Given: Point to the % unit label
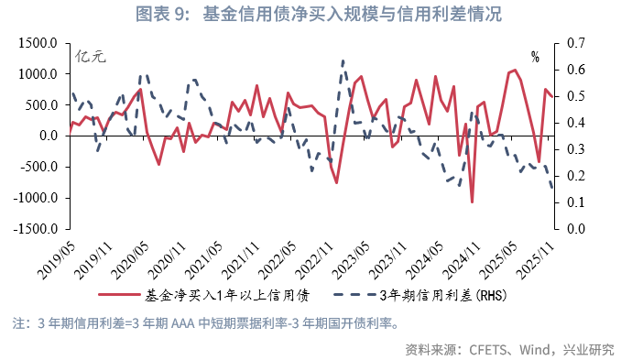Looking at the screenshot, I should coord(535,58).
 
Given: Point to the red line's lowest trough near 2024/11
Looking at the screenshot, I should coord(473,202).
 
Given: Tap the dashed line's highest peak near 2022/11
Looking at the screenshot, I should coord(343,61).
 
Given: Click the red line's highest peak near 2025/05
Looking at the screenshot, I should coord(515,70).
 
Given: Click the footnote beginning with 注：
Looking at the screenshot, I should coord(205,323).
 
